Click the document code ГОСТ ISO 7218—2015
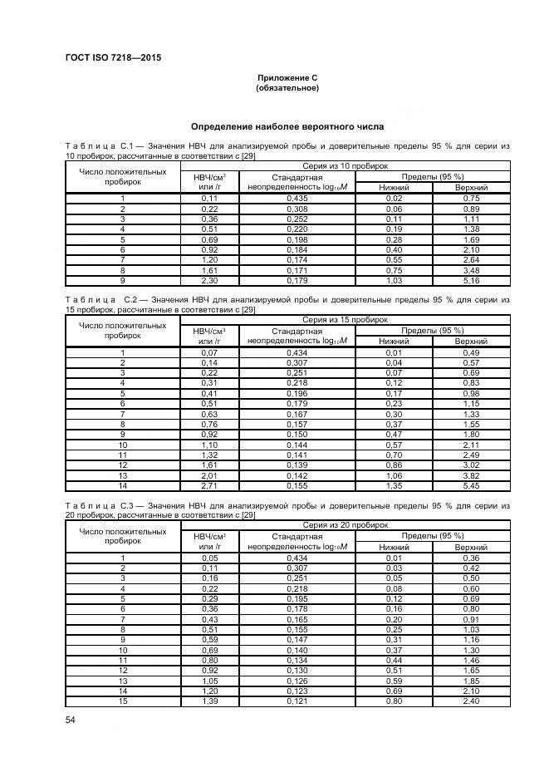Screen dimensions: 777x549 [x=112, y=57]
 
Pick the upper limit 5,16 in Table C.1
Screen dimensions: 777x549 [x=472, y=281]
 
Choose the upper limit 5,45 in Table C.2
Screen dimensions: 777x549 [x=472, y=485]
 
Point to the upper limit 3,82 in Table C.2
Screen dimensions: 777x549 [x=472, y=475]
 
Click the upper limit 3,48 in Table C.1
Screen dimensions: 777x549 [x=472, y=270]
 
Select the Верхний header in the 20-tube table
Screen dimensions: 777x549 [x=472, y=548]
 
